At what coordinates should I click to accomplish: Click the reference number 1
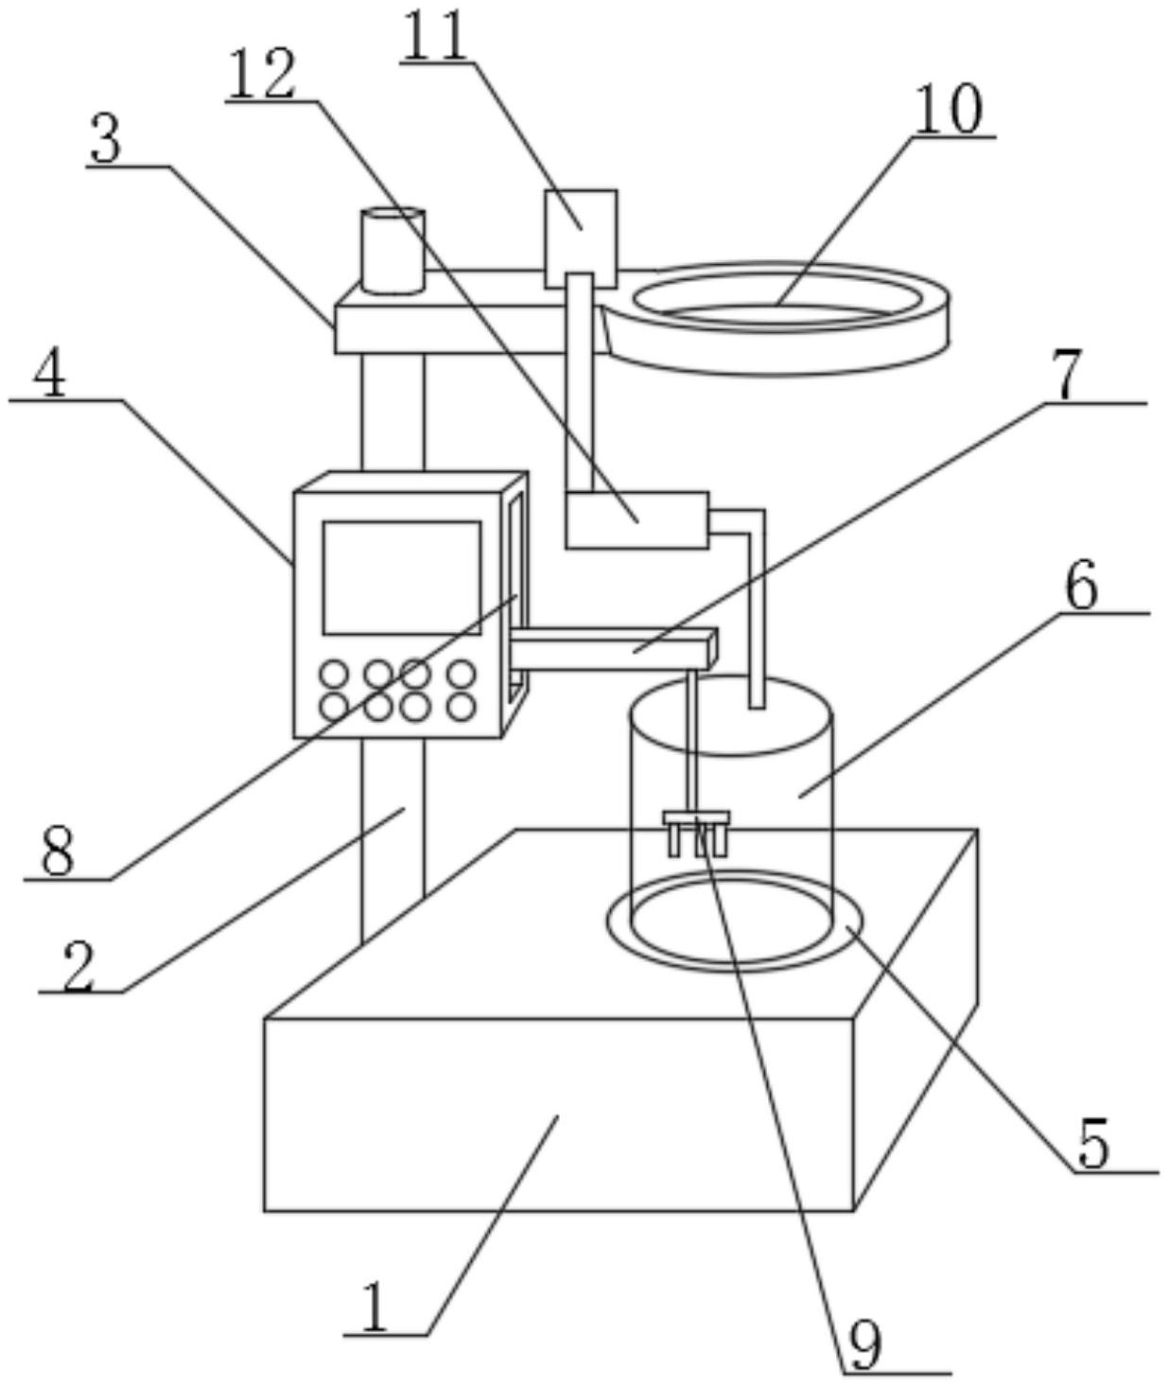point(375,1309)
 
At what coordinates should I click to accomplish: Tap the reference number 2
point(79,966)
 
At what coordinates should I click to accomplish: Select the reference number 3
point(106,141)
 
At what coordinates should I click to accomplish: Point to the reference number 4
point(50,376)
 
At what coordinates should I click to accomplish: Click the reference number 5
point(1092,1146)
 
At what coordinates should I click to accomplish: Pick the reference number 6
point(1082,587)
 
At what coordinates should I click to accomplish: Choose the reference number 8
point(58,852)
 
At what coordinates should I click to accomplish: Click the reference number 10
point(949,110)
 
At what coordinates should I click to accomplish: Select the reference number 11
point(434,36)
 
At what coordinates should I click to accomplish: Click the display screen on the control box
point(401,577)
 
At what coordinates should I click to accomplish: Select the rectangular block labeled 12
point(636,519)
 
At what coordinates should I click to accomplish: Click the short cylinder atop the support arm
point(393,252)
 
